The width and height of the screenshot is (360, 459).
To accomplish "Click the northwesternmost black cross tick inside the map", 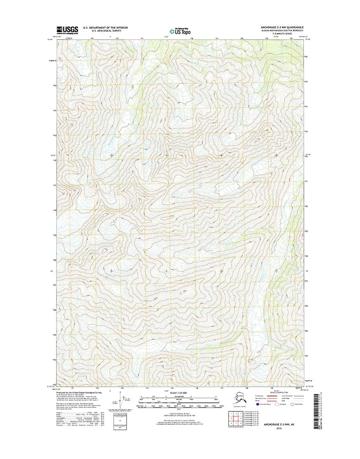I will (x=111, y=155).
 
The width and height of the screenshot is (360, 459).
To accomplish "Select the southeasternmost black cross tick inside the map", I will (x=276, y=270).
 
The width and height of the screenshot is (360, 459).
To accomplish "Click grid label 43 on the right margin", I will (x=306, y=132).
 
